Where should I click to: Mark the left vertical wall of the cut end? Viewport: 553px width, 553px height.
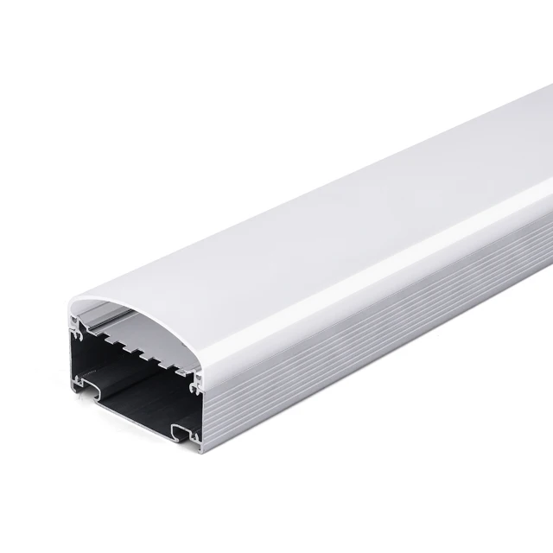click(69, 354)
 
